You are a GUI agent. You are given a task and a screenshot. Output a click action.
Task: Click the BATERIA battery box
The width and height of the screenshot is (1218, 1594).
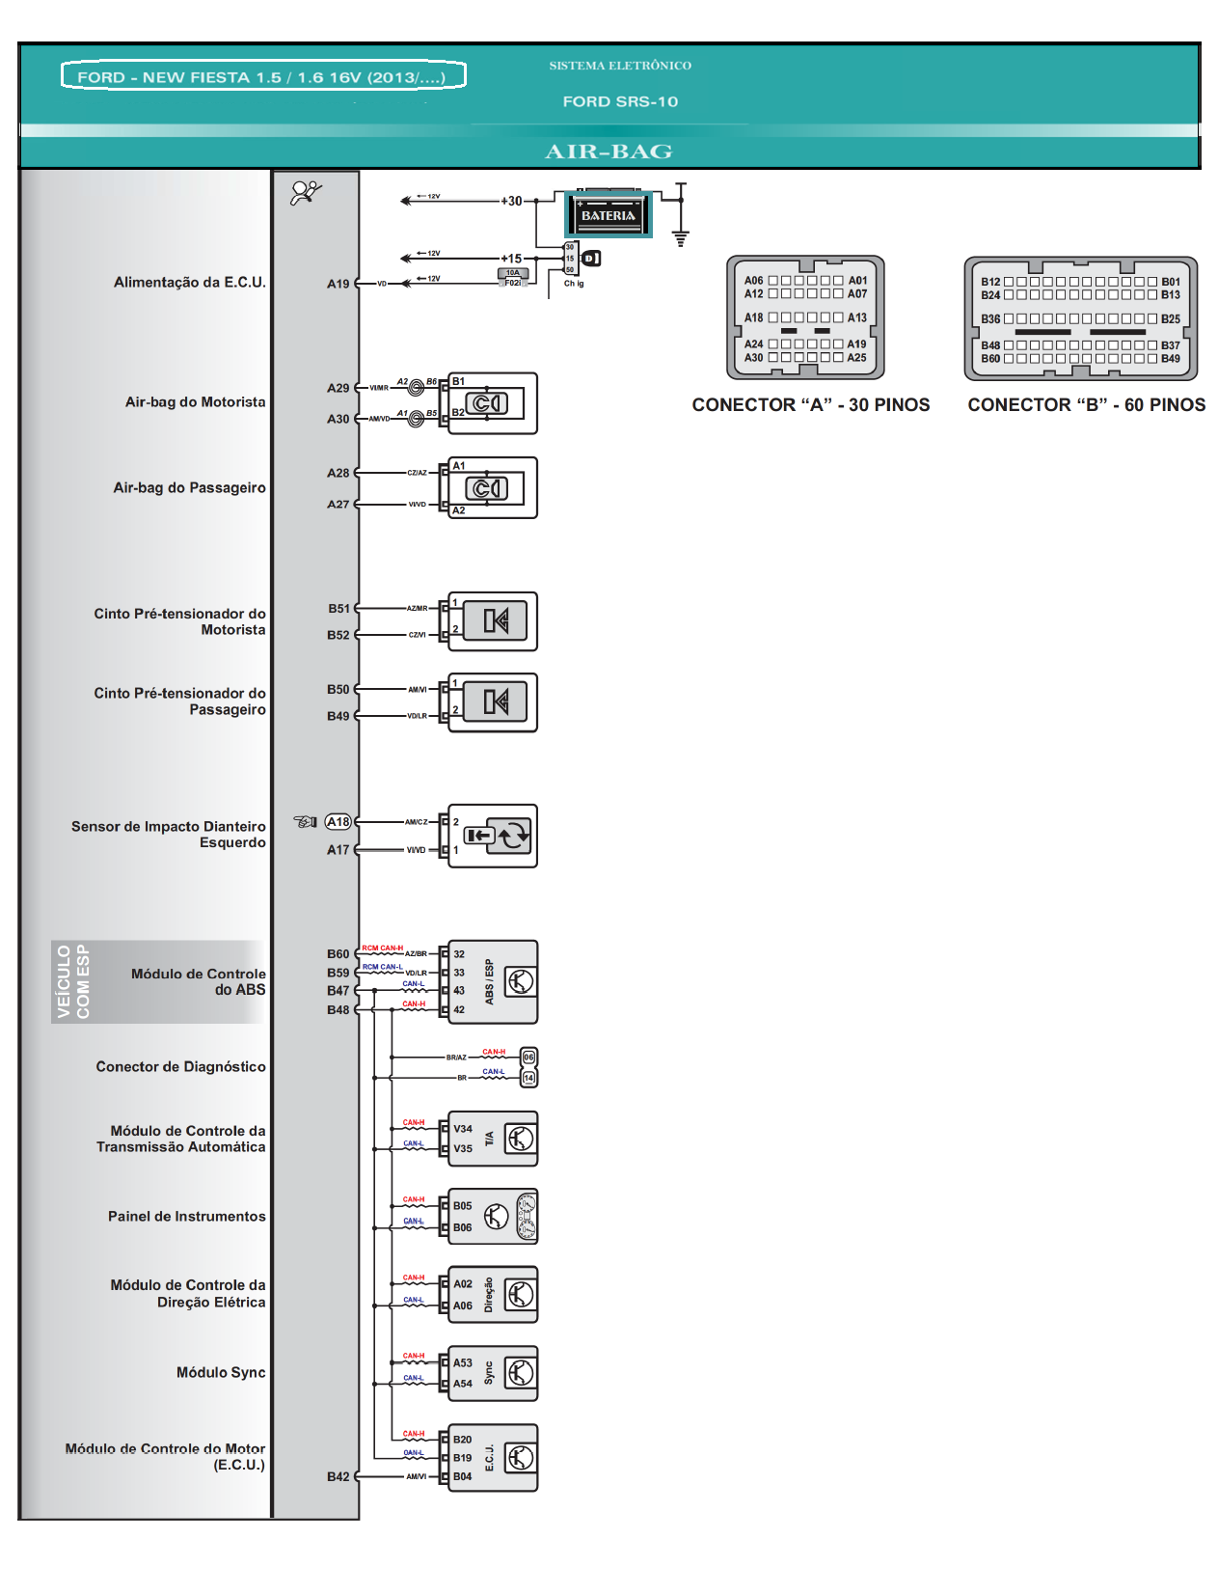(x=609, y=214)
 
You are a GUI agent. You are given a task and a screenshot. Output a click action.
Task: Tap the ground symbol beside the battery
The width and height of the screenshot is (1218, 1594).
(x=681, y=237)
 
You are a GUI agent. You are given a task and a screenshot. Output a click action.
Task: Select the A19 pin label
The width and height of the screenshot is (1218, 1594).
(x=338, y=284)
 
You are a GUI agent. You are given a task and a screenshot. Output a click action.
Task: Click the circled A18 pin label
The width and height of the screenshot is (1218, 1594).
(x=338, y=822)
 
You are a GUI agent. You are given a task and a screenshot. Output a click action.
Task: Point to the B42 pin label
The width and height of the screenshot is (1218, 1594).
(x=338, y=1476)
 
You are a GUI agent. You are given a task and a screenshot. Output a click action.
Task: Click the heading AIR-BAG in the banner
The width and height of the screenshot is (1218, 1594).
(x=609, y=151)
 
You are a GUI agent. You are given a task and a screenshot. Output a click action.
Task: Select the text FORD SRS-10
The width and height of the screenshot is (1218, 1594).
(x=620, y=101)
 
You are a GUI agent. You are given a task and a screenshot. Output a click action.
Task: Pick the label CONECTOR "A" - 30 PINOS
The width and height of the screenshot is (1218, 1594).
(x=810, y=405)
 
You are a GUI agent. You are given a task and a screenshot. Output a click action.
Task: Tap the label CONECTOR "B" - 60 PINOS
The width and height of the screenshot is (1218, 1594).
(x=1086, y=405)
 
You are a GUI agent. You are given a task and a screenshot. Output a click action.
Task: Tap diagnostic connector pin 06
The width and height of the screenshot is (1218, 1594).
(x=528, y=1057)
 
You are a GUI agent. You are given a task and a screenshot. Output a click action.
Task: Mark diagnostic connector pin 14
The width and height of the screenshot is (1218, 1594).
(x=528, y=1078)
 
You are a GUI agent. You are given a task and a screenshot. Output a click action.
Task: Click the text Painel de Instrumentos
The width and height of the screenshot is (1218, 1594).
(x=186, y=1217)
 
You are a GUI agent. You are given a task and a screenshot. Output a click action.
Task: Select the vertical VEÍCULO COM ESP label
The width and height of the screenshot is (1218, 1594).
(x=73, y=981)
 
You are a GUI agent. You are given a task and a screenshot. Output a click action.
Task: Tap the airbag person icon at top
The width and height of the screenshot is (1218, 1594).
(x=306, y=193)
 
